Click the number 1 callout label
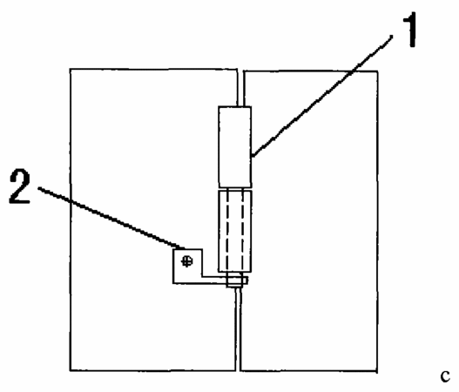(x=410, y=30)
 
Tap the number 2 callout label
(x=20, y=186)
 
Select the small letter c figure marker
(x=445, y=376)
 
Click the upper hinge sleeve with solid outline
(x=235, y=147)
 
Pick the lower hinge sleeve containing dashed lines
(x=235, y=231)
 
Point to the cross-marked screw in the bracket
(x=186, y=260)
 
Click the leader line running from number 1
(x=322, y=96)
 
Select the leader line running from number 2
(x=111, y=218)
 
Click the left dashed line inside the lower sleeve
(x=228, y=231)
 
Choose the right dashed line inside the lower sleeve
(x=242, y=231)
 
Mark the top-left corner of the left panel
(x=71, y=69)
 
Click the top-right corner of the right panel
(x=377, y=71)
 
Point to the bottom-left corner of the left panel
(x=71, y=370)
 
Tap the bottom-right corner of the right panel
(x=377, y=371)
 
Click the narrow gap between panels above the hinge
(x=240, y=88)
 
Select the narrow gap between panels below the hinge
(x=238, y=329)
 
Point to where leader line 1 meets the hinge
(x=253, y=156)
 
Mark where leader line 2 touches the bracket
(x=185, y=249)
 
